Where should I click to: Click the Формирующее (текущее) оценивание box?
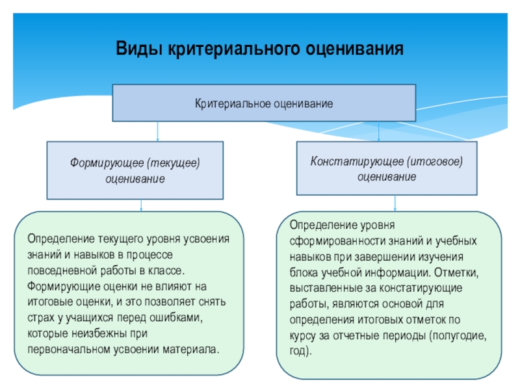(x=135, y=170)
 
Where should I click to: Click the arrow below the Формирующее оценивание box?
(x=142, y=205)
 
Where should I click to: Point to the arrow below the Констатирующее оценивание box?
(x=395, y=203)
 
